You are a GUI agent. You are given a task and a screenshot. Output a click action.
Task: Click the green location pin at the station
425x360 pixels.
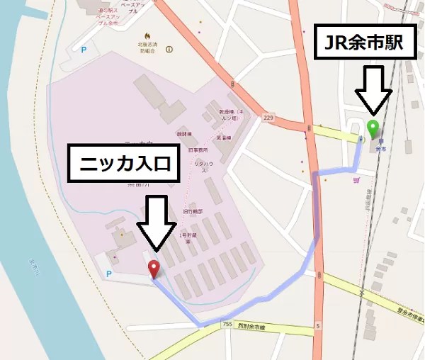coord(373,128)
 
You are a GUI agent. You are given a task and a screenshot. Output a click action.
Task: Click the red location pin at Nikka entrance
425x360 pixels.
coord(153,268)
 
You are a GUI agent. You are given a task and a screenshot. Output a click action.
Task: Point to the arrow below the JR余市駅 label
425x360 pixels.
coord(372,91)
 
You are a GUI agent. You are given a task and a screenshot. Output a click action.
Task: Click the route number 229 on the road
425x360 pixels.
coord(267,117)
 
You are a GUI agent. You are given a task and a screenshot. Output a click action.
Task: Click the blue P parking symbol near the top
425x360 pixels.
coord(85,50)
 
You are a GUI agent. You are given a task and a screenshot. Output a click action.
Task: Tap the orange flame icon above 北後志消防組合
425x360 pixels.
coord(147,35)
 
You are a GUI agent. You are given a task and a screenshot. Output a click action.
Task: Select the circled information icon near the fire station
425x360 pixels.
coord(169,50)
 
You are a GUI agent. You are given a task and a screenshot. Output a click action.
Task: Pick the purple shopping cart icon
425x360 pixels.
coord(356,180)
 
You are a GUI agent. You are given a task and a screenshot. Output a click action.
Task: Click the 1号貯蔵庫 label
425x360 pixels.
coord(188,237)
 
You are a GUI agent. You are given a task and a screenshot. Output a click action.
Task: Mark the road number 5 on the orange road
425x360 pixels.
coord(319,326)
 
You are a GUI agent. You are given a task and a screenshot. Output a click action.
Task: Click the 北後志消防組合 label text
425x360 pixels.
coord(148,46)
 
